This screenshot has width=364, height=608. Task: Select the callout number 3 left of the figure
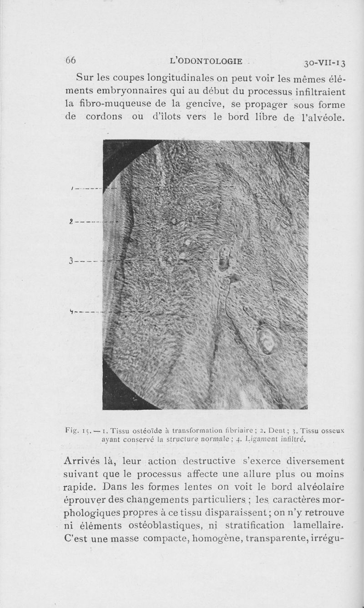coord(71,262)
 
